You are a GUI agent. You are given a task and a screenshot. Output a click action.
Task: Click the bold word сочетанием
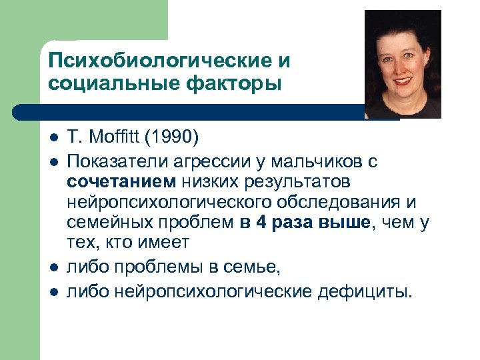[x=120, y=181]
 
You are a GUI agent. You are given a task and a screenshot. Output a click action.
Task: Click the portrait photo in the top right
[x=402, y=64]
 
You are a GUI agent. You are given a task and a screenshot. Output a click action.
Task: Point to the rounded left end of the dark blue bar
[x=18, y=112]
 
